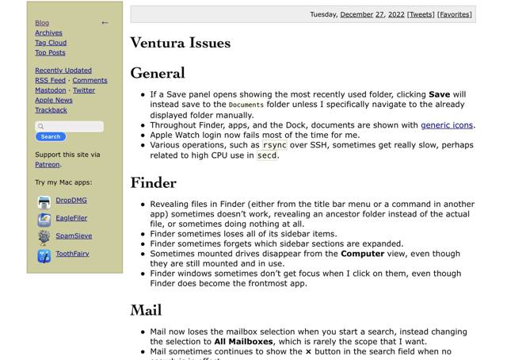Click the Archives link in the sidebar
click(x=48, y=33)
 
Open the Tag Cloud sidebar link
click(x=51, y=43)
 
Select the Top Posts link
click(x=50, y=53)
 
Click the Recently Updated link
click(x=63, y=71)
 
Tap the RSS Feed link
click(x=50, y=80)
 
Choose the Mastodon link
click(x=50, y=90)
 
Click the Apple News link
click(x=53, y=101)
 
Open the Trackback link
click(x=51, y=110)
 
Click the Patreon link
click(x=47, y=165)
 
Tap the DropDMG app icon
click(x=44, y=202)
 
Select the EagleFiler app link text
click(x=71, y=218)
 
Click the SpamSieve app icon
click(x=44, y=236)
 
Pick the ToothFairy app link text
click(x=72, y=254)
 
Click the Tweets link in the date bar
click(x=421, y=14)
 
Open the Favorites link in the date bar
click(x=455, y=14)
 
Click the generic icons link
click(x=447, y=125)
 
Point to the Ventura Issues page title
click(x=181, y=43)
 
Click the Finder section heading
click(x=154, y=182)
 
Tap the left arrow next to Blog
click(x=105, y=23)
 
